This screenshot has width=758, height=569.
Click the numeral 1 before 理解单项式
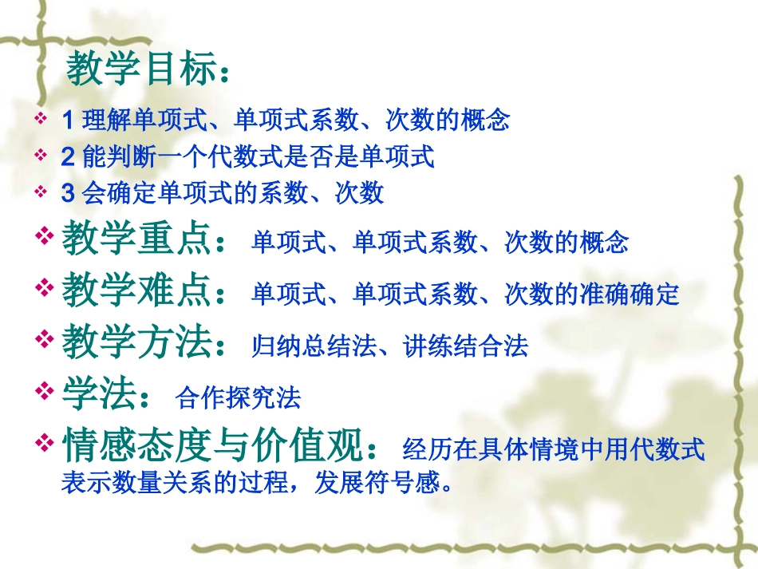coord(67,121)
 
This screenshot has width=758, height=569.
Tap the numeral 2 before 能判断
coord(68,156)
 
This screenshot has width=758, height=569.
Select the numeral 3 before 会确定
coord(68,193)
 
